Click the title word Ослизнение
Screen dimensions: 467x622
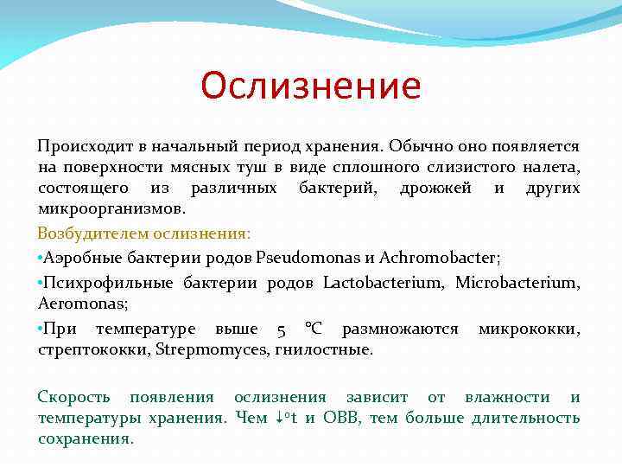311,86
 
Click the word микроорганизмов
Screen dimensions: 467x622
111,208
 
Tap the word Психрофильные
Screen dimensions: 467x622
110,283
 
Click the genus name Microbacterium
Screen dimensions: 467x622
517,283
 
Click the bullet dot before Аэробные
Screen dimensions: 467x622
41,258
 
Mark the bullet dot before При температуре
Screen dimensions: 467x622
41,329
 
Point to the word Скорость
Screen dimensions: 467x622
73,397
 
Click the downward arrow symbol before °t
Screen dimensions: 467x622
277,419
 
